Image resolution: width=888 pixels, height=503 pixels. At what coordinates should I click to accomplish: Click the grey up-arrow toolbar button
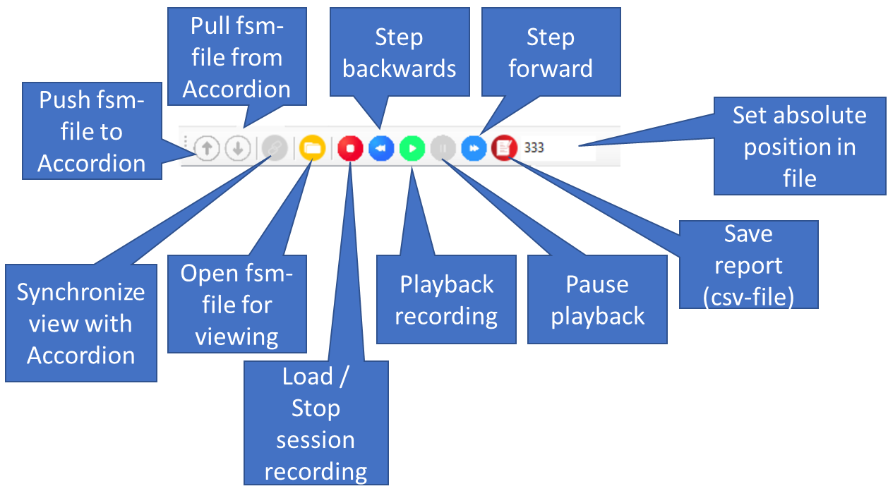207,149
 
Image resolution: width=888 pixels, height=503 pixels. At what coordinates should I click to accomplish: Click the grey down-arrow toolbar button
238,149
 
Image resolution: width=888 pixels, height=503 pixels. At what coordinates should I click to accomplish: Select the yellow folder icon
312,149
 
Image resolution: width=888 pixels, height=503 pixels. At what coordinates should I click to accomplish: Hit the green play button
412,149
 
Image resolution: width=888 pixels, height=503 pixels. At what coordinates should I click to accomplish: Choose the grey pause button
443,149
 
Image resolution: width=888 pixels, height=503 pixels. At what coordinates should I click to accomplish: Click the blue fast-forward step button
474,149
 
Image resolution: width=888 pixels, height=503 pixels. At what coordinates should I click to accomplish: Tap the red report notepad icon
504,149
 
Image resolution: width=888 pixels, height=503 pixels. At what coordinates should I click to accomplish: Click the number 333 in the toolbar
534,148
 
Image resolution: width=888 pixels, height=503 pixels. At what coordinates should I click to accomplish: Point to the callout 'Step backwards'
400,52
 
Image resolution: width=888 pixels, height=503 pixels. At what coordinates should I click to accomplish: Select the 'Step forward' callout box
551,52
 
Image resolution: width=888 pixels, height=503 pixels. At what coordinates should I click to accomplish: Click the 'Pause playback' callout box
597,299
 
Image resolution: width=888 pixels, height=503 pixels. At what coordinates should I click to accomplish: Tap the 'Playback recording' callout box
446,299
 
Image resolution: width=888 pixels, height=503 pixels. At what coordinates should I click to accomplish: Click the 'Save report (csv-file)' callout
748,265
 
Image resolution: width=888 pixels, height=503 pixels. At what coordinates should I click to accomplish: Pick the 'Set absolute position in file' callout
799,147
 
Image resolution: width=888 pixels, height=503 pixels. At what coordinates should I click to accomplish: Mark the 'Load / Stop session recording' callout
316,423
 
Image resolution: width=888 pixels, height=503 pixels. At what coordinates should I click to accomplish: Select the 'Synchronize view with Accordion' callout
80,323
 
